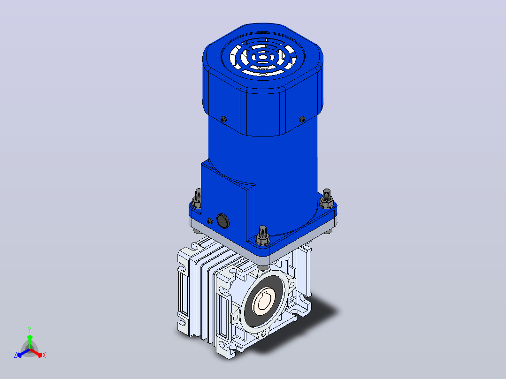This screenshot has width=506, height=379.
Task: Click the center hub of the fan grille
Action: [263, 57]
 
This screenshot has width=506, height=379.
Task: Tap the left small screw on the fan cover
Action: [223, 119]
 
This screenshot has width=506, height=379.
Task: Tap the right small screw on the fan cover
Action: [302, 119]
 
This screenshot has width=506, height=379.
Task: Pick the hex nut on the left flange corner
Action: [197, 203]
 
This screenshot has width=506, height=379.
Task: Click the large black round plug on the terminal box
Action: [222, 221]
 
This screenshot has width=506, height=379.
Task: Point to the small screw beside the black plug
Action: [210, 221]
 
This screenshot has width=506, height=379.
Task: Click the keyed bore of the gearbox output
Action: [263, 302]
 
